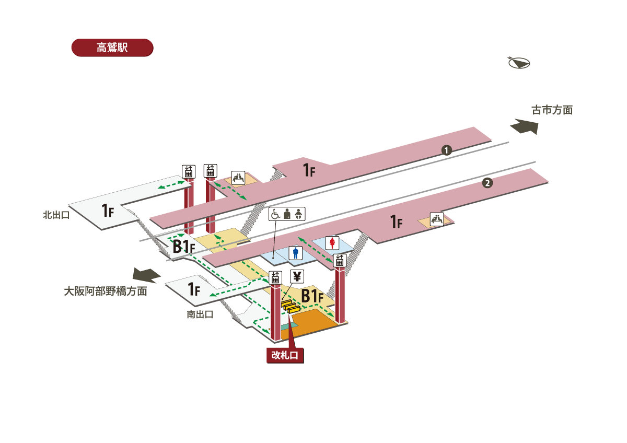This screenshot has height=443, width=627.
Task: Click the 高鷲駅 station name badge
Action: tap(112, 48)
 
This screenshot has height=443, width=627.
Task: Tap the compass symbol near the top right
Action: tap(519, 63)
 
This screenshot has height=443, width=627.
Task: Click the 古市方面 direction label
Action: tap(552, 110)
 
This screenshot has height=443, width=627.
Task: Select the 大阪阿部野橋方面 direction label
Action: tap(105, 291)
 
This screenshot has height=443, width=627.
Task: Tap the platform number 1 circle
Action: tap(446, 150)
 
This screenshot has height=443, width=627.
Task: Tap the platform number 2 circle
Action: tap(487, 183)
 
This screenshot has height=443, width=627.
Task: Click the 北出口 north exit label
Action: tap(56, 214)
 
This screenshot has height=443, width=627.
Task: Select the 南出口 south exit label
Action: tap(200, 314)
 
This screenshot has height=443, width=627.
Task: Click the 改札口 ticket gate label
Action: tap(285, 356)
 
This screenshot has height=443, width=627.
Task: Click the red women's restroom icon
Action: tap(333, 242)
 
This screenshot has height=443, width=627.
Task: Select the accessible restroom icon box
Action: tap(286, 214)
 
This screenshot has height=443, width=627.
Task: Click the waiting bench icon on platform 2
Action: tap(436, 219)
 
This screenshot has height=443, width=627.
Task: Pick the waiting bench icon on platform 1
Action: tap(239, 178)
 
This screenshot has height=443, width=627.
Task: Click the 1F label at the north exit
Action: tap(108, 211)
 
